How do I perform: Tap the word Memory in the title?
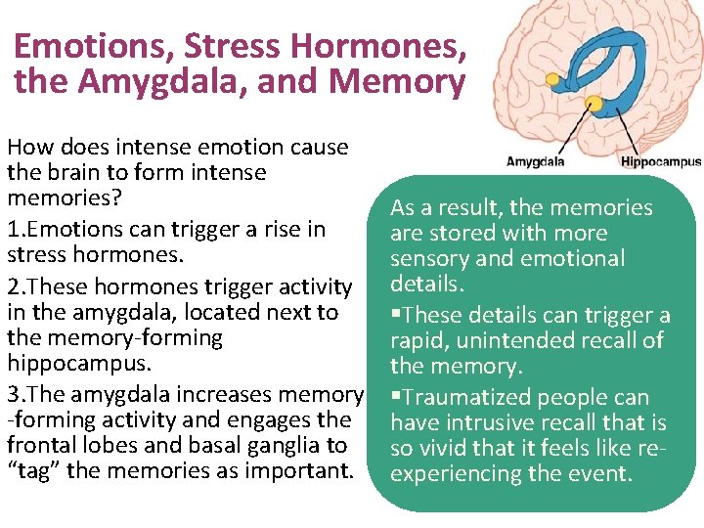point(396,82)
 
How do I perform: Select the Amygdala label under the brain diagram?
point(536,161)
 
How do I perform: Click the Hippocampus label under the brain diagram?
point(660,161)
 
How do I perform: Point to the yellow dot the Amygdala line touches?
point(593,103)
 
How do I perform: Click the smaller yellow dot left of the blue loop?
point(552,78)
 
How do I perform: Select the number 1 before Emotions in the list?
point(13,230)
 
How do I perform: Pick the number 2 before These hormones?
point(13,287)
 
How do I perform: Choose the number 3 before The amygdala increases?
point(13,395)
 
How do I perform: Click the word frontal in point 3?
point(40,446)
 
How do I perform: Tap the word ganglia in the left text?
point(286,446)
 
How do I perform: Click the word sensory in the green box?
point(428,259)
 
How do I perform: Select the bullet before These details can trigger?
point(395,315)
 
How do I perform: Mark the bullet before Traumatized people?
point(395,397)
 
